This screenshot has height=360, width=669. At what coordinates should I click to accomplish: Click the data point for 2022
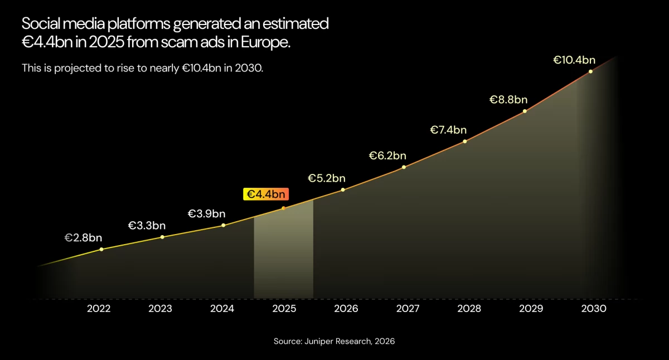pyautogui.click(x=101, y=249)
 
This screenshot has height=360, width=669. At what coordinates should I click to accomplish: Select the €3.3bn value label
pyautogui.click(x=147, y=226)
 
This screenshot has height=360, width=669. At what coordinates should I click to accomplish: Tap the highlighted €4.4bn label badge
pyautogui.click(x=266, y=194)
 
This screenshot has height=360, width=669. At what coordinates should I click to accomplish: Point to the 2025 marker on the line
pyautogui.click(x=283, y=208)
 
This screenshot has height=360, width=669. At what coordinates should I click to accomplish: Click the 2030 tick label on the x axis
pyautogui.click(x=594, y=309)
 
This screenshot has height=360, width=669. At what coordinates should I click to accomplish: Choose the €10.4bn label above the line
pyautogui.click(x=574, y=60)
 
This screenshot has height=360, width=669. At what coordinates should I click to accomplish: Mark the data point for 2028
pyautogui.click(x=465, y=141)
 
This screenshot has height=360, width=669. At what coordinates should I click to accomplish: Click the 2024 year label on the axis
pyautogui.click(x=222, y=309)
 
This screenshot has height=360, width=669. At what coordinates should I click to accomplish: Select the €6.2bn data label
pyautogui.click(x=387, y=156)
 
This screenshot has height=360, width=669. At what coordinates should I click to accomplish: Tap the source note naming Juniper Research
pyautogui.click(x=334, y=341)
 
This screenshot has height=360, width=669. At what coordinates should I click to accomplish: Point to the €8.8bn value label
pyautogui.click(x=508, y=100)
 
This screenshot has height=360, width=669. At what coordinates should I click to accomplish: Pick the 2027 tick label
pyautogui.click(x=408, y=309)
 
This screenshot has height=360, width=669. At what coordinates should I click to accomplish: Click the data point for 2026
pyautogui.click(x=343, y=189)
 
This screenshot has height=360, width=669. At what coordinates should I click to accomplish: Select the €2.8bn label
pyautogui.click(x=83, y=238)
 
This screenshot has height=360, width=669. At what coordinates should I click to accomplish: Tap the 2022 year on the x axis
pyautogui.click(x=99, y=309)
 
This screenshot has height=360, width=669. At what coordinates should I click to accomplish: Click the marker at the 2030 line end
pyautogui.click(x=590, y=71)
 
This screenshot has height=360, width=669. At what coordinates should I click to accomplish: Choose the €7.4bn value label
pyautogui.click(x=448, y=130)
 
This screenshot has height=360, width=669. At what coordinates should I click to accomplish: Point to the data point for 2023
pyautogui.click(x=162, y=237)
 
